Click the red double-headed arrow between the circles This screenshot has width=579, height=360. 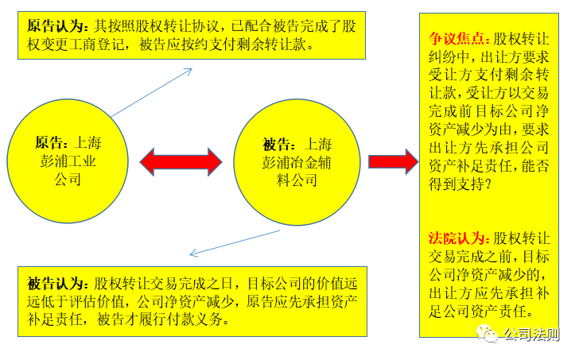(x=181, y=162)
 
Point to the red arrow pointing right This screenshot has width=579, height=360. (x=393, y=161)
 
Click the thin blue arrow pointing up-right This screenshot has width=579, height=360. (x=151, y=92)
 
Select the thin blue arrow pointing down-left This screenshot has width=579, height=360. (x=235, y=243)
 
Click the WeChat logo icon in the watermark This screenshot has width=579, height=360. (x=487, y=334)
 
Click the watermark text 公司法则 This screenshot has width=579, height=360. (x=531, y=335)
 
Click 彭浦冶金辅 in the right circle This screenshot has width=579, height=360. (x=297, y=162)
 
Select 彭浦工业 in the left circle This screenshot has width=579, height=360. (x=68, y=161)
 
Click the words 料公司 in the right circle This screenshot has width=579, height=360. (x=297, y=180)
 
